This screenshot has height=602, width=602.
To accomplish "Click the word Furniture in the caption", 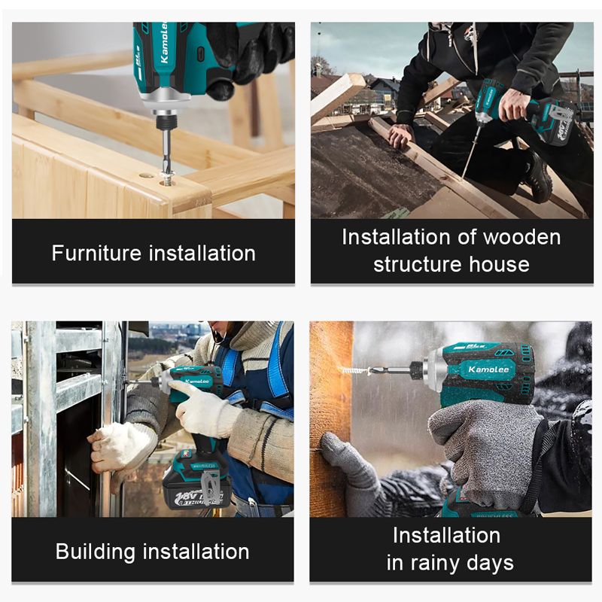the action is (97, 253).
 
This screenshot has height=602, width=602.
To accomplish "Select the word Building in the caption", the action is (96, 552).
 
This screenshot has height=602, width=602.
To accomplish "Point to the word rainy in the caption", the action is (436, 564).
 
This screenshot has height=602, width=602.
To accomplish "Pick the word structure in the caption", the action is (418, 265).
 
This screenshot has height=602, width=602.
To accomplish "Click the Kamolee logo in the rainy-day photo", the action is (488, 369).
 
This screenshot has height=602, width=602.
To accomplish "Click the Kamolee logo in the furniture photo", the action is (164, 42).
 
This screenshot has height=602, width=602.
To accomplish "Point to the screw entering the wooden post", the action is (351, 371).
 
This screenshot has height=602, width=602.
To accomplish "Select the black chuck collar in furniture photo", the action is (166, 123).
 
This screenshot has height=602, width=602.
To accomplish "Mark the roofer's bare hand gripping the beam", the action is (400, 135).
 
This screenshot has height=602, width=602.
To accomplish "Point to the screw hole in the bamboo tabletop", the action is (146, 175).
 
